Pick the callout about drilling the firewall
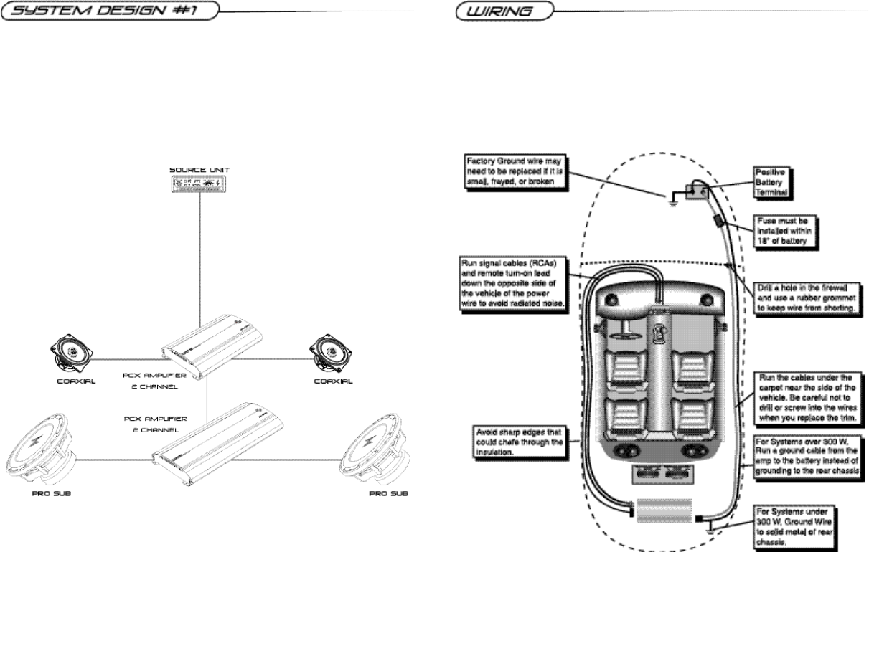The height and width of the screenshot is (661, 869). [808, 298]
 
